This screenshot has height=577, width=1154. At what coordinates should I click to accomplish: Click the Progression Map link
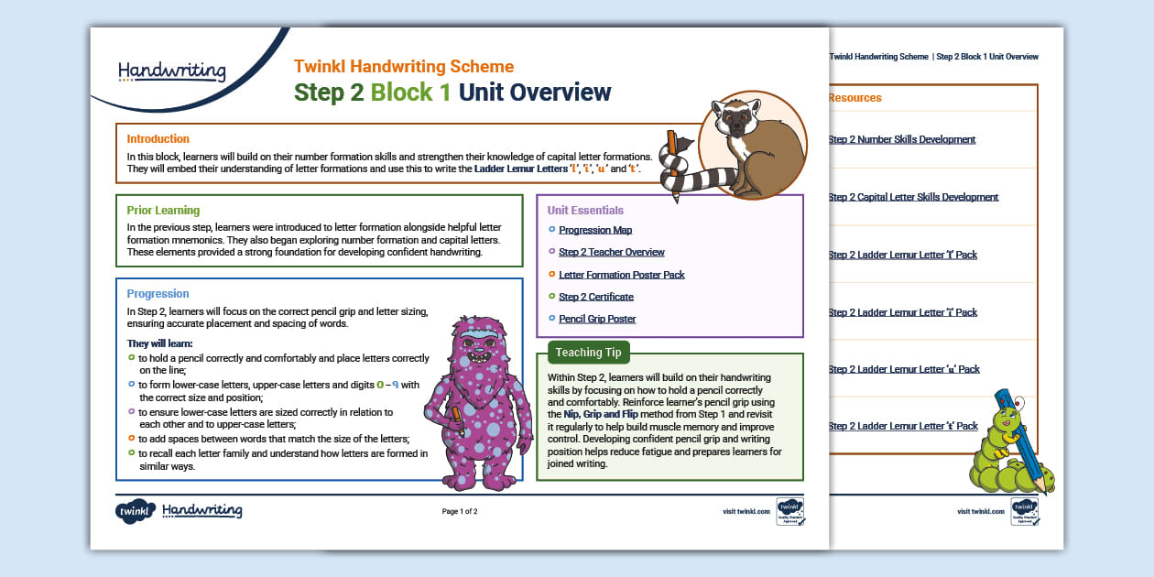click(595, 231)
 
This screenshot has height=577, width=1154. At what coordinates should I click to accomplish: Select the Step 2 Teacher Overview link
click(611, 253)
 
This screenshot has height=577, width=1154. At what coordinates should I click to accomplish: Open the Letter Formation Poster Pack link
click(621, 275)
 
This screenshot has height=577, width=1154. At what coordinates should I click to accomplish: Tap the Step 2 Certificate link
click(595, 297)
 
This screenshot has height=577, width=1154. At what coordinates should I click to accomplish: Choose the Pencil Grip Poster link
click(597, 319)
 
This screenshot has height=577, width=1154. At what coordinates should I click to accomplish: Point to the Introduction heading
click(158, 139)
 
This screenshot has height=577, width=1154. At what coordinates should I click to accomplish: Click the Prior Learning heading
click(163, 211)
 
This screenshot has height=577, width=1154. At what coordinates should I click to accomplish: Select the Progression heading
click(158, 294)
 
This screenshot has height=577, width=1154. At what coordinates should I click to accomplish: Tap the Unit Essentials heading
click(585, 211)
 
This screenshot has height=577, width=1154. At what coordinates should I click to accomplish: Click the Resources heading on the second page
click(855, 98)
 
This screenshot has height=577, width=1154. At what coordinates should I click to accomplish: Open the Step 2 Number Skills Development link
click(901, 140)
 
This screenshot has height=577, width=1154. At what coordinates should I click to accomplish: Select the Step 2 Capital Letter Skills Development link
click(913, 198)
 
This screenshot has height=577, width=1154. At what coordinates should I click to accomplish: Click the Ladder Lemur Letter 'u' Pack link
click(903, 369)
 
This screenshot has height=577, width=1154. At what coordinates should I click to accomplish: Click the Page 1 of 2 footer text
click(460, 512)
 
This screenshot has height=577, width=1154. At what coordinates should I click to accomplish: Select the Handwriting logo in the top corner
click(171, 71)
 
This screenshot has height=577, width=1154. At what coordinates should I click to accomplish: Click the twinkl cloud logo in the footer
click(135, 512)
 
